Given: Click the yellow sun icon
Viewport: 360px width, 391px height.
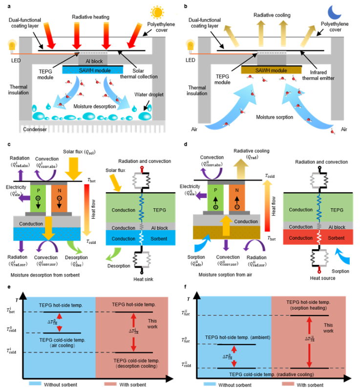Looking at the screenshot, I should coord(157,12).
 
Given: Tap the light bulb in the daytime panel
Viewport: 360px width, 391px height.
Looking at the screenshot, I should coord(12,44).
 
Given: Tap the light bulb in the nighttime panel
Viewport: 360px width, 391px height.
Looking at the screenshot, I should coord(191,45).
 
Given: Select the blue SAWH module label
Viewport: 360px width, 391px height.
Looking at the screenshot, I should coord(93,70).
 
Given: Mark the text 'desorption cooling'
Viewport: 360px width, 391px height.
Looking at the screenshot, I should coord(131,366).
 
